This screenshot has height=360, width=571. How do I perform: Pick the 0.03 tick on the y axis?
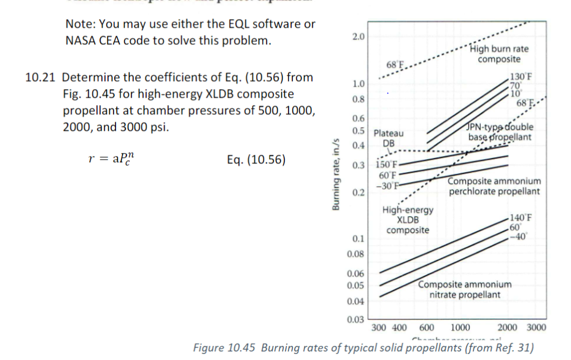pyautogui.click(x=356, y=318)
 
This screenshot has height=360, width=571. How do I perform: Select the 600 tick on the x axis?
pyautogui.click(x=427, y=328)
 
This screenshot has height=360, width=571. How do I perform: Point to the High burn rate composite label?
pyautogui.click(x=499, y=54)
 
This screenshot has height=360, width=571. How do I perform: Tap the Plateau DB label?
pyautogui.click(x=389, y=138)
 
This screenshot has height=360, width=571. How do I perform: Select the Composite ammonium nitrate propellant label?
pyautogui.click(x=465, y=289)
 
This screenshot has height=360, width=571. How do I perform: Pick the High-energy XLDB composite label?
pyautogui.click(x=408, y=220)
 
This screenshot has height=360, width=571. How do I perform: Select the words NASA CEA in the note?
pyautogui.click(x=91, y=41)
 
